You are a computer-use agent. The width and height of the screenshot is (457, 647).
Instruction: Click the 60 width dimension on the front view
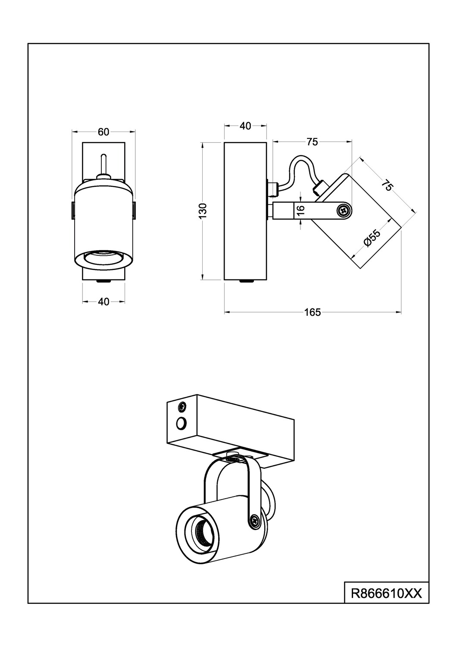pos(103,132)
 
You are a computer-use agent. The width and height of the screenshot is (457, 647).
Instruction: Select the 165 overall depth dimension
pos(313,312)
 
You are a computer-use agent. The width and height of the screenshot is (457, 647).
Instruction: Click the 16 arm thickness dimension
pos(301,210)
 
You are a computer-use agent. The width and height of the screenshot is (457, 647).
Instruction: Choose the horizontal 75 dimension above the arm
pos(312,141)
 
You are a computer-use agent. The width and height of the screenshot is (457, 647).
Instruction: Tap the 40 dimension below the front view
pos(103,302)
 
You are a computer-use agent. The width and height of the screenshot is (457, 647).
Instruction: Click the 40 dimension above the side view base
pos(245,126)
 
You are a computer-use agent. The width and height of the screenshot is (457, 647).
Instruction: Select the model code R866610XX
pos(386,594)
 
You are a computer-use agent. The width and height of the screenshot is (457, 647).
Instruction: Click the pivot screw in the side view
pos(344,210)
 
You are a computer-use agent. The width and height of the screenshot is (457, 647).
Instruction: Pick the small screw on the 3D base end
pos(182,406)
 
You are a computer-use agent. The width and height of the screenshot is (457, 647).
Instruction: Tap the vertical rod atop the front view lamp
pos(103,164)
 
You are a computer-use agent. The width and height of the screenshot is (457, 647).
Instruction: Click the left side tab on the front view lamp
pos(73,210)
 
